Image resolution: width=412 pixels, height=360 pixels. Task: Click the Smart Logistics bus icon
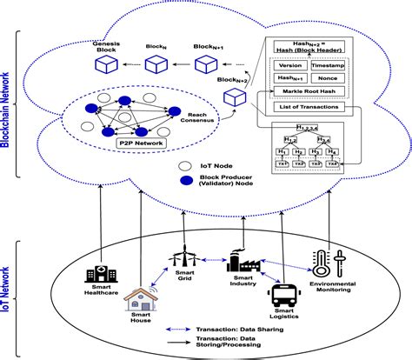point(285,297)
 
